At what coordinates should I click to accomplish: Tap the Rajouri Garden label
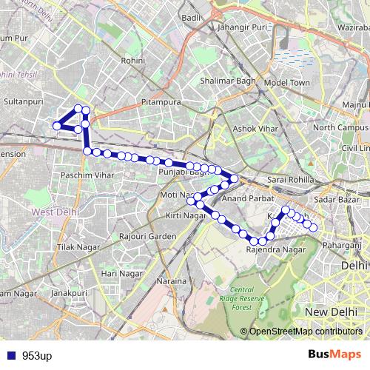click(x=142, y=237)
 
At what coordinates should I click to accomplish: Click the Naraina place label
click(x=171, y=282)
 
